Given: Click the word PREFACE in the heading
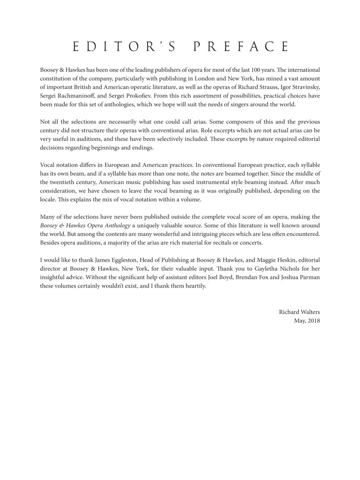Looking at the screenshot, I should [x=241, y=47].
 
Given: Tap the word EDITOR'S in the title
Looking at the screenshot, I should [x=124, y=47].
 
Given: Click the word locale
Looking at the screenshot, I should [x=49, y=200].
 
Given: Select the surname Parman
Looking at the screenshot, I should [x=308, y=277].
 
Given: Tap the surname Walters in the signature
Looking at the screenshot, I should [x=309, y=312].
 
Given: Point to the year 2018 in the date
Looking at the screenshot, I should [x=313, y=320].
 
